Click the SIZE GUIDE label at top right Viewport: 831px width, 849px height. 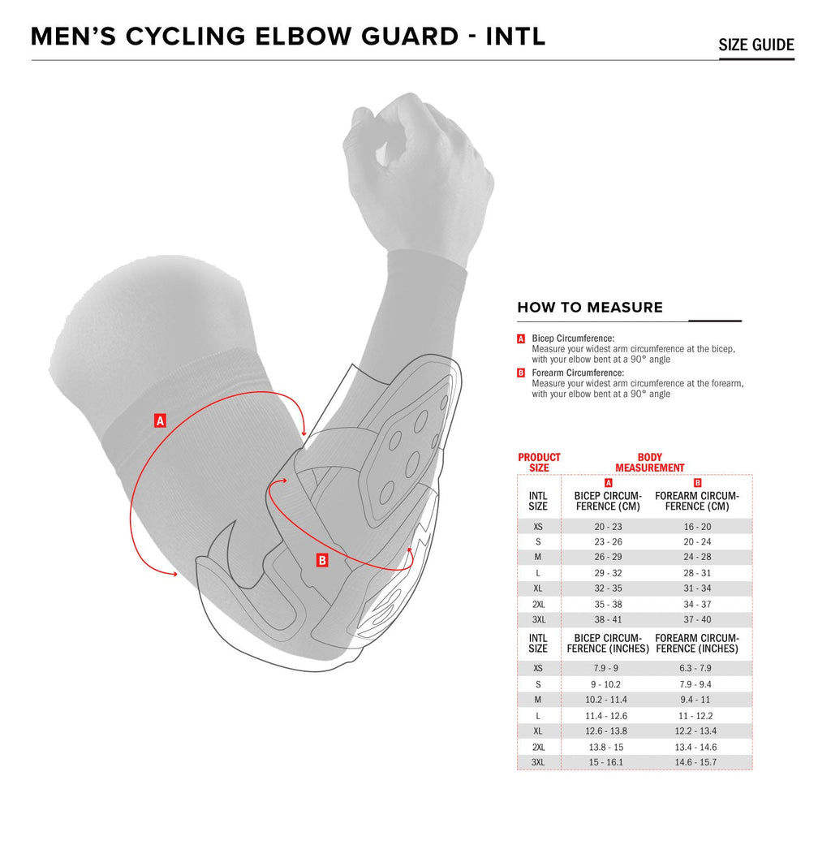[756, 45]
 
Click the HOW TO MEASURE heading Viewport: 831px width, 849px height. [589, 307]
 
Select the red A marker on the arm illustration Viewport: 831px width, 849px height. [160, 420]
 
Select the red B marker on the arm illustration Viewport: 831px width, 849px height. [322, 560]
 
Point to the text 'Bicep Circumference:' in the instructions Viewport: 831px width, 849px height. [573, 338]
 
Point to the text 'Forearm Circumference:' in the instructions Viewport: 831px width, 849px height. [578, 373]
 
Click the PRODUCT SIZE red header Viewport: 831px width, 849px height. [539, 463]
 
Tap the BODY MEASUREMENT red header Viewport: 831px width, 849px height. [650, 463]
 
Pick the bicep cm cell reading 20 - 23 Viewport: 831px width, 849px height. [608, 526]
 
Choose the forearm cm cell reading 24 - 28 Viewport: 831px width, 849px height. [697, 557]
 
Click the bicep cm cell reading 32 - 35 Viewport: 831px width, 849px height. [608, 588]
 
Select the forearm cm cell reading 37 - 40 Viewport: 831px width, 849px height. [697, 619]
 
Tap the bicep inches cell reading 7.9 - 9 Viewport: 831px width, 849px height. [605, 668]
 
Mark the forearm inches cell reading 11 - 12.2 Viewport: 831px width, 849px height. [695, 716]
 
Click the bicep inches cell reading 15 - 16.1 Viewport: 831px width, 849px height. [605, 762]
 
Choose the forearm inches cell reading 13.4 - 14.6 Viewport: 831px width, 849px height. [695, 748]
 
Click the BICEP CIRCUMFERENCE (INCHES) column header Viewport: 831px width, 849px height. [608, 644]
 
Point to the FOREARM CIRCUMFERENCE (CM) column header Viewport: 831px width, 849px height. [697, 501]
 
